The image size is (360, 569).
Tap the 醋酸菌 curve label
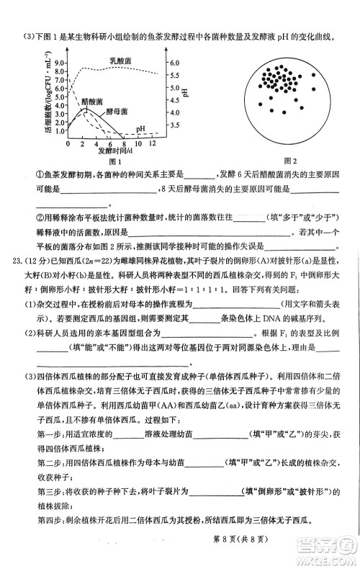click(91, 102)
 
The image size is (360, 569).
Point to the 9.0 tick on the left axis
click(60, 63)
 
